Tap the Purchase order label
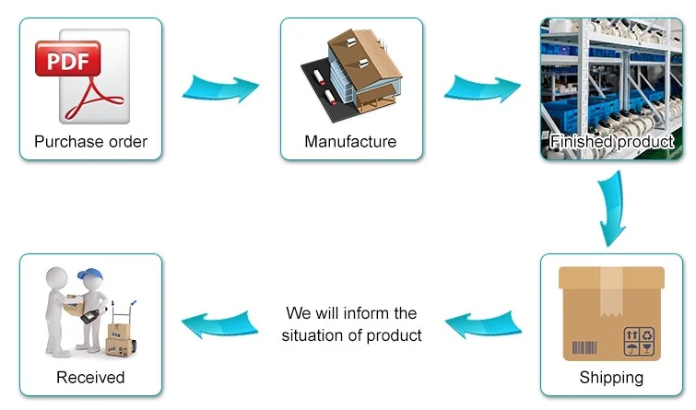coord(90,142)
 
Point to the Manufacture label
coord(350,142)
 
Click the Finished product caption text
coord(611,142)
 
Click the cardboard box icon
coord(611,312)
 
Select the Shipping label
coord(611,377)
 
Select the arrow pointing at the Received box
coord(219,322)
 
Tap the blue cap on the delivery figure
coord(89,275)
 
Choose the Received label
coord(90,377)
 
